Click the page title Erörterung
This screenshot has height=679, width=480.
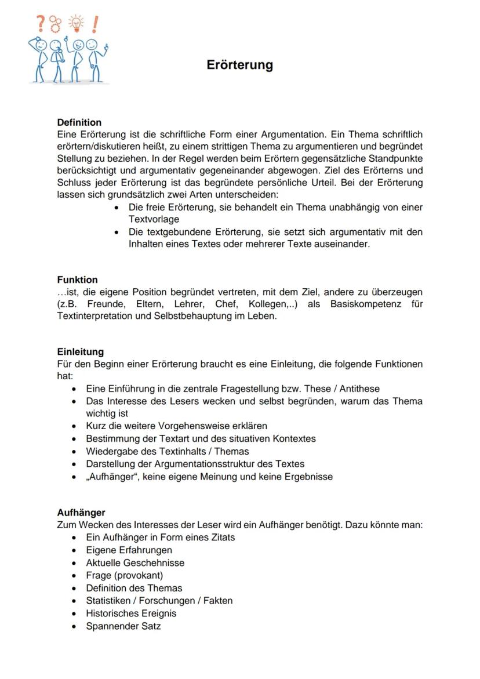[239, 65]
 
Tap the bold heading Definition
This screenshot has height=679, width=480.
[79, 122]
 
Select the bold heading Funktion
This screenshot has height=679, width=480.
[77, 279]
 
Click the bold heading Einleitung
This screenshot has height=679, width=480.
[81, 351]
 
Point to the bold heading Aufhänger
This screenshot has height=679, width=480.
[81, 513]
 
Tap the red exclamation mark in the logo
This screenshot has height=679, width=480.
[94, 24]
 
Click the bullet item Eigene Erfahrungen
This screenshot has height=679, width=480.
[129, 550]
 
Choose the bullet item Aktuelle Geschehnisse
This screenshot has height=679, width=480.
[135, 562]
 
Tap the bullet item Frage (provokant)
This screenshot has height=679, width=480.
[124, 575]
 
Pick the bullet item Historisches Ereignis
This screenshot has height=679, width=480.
[131, 613]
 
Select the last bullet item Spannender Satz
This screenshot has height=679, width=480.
[123, 626]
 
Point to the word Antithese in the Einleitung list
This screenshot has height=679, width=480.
[359, 388]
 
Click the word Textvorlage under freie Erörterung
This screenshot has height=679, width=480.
[154, 219]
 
